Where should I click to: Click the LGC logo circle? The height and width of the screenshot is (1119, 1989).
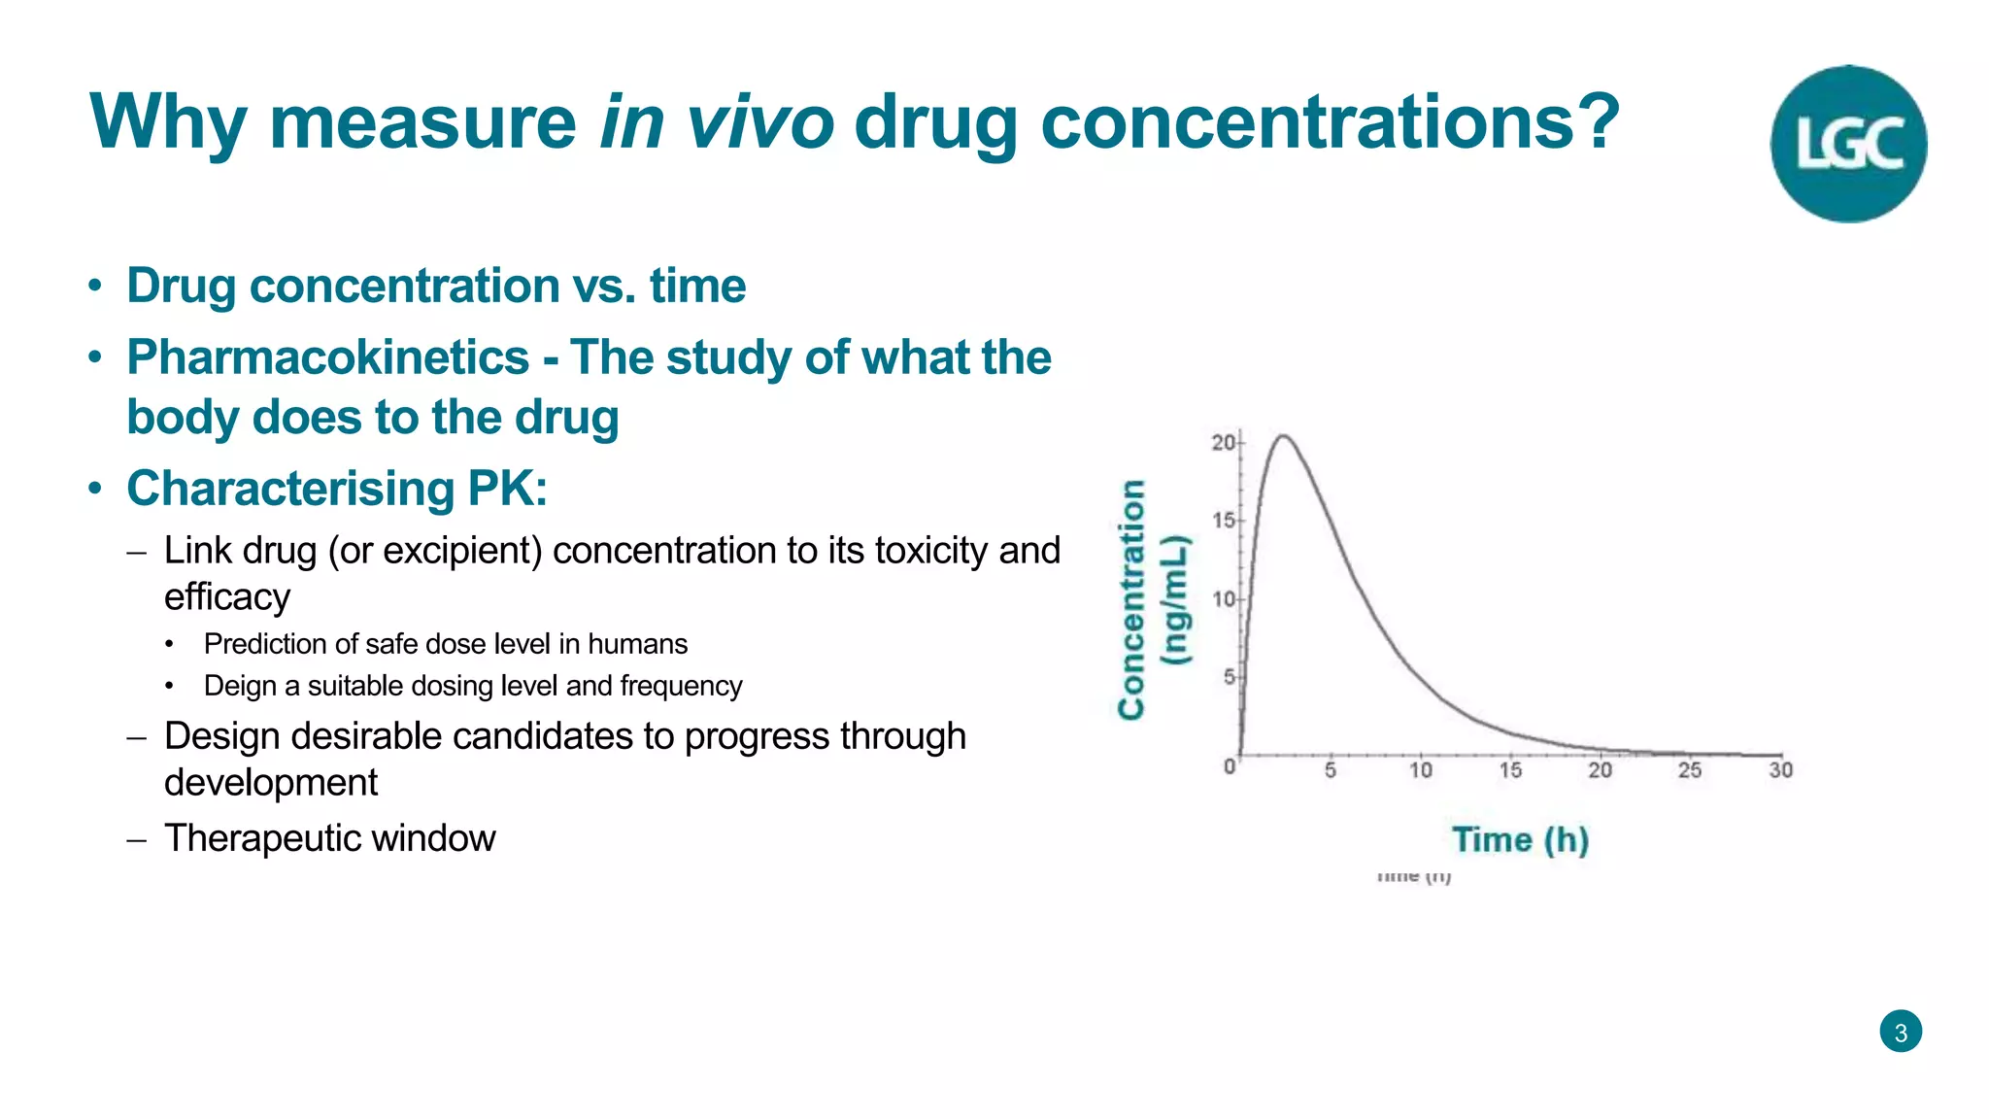coord(1847,144)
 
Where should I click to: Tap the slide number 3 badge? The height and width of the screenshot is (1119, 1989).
coord(1900,1032)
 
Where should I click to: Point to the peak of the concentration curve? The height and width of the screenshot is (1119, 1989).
coord(1284,436)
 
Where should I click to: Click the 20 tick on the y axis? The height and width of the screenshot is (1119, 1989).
coord(1223,443)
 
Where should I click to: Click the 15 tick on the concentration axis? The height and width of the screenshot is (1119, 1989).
coord(1223,521)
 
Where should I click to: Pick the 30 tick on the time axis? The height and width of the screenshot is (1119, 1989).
coord(1780,770)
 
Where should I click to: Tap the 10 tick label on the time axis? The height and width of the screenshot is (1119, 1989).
coord(1420,770)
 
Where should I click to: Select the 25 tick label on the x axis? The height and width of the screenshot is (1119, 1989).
coord(1690,770)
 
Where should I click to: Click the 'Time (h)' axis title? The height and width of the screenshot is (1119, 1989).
coord(1520,840)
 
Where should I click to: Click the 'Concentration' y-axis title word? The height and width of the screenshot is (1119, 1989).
coord(1131,599)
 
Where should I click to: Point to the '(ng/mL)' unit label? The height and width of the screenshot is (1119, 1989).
coord(1176,599)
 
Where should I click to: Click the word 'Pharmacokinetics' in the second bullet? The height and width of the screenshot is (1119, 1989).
coord(327,357)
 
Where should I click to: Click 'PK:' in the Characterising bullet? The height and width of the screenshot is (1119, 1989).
coord(507,489)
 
